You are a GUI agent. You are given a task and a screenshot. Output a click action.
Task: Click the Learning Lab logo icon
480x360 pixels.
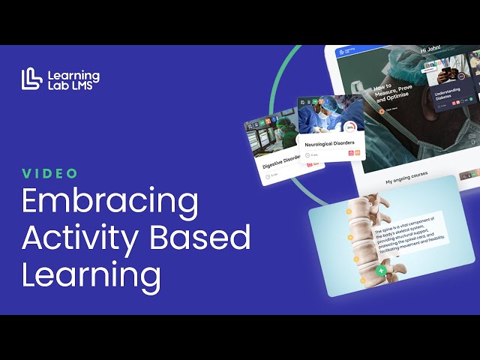coord(31,78)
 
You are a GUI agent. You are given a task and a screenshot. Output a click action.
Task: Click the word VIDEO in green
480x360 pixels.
coord(50,173)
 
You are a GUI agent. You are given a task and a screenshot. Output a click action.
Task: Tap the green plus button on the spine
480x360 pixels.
coord(381,270)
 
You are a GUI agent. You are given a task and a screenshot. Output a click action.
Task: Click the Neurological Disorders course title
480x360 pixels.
coord(328,140)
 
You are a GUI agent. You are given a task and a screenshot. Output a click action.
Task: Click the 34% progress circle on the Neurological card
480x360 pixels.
coord(350,127)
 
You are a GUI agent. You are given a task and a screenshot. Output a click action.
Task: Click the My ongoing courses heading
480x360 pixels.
coord(409,181)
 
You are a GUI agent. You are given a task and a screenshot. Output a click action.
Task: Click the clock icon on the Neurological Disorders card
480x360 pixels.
coord(307,155)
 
